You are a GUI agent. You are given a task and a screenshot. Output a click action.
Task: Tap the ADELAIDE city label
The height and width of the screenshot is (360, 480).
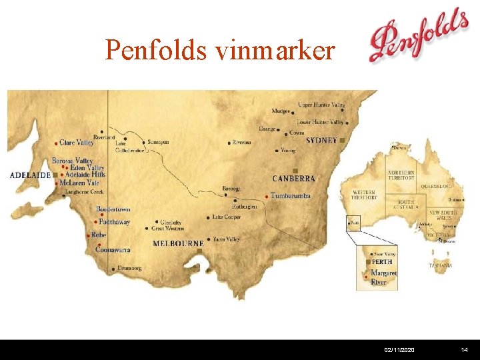[x=31, y=175]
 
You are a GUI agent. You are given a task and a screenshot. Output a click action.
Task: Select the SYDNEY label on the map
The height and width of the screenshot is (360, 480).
[x=321, y=141]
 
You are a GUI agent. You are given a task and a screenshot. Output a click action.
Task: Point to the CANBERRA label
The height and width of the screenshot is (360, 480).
[x=293, y=179]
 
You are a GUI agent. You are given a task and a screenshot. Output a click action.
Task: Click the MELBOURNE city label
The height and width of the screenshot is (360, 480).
[x=178, y=244]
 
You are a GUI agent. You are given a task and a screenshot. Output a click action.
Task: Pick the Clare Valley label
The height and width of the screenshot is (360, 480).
[x=76, y=143]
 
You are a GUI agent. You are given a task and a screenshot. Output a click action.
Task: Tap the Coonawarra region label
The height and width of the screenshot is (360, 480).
[x=112, y=249]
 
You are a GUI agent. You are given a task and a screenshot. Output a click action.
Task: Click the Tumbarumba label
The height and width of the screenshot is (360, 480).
[x=290, y=195]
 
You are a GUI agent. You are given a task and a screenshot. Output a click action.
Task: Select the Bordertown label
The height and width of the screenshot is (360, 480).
[x=113, y=209]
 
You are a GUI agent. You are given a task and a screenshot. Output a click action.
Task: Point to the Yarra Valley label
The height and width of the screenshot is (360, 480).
[x=226, y=239]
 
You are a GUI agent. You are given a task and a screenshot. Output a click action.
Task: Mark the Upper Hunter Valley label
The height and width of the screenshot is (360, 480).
[x=321, y=105]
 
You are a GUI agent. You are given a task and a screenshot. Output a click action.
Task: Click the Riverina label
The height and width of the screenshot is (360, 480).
[x=242, y=142]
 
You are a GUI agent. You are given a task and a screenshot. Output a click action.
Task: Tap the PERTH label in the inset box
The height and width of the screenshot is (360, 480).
[x=382, y=262]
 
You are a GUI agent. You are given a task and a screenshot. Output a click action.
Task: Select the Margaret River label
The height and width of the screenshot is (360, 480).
[x=383, y=277]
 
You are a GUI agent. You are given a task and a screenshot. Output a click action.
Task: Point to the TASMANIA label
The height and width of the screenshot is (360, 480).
[x=440, y=265]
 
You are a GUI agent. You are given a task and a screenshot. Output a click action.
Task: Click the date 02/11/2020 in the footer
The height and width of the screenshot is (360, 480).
[x=398, y=349]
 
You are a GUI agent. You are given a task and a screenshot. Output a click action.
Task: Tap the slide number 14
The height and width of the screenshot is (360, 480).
[x=464, y=349]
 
